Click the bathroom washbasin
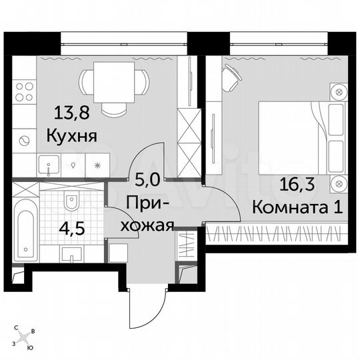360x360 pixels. coord(71,251)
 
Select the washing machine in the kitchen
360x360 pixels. coord(25,140)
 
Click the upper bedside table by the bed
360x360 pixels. coord(339,91)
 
